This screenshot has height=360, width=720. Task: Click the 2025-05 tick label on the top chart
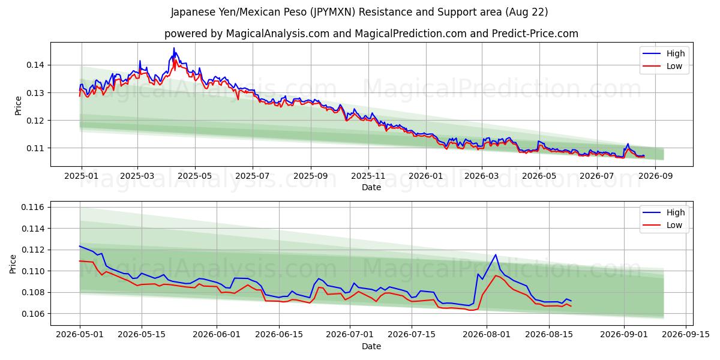point(195,176)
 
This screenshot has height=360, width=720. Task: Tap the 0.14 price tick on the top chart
point(35,65)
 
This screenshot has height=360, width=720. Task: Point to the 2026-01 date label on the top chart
point(426,176)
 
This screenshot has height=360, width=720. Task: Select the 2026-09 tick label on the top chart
point(655,176)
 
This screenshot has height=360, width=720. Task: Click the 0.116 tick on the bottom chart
point(32,208)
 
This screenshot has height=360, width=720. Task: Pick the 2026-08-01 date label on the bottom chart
point(487,335)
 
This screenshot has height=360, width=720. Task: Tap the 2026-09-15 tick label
point(686,335)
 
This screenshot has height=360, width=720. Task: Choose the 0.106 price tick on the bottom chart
point(32,314)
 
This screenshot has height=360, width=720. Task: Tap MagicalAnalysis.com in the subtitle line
point(278,34)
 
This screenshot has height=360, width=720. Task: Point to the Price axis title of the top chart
point(19,106)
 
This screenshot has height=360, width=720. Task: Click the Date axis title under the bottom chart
point(371,346)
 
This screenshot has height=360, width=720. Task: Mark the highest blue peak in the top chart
point(174,48)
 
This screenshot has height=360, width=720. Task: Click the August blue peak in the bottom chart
point(496,254)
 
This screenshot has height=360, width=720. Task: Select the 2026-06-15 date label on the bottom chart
point(279,335)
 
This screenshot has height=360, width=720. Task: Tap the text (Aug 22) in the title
point(527,12)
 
